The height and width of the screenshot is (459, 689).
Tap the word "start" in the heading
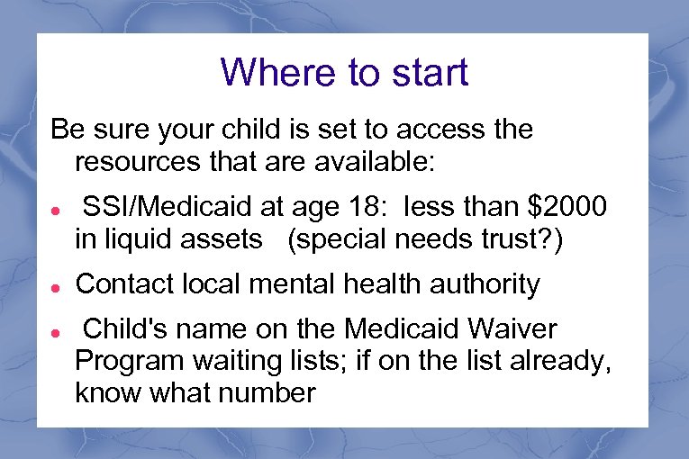coord(427,72)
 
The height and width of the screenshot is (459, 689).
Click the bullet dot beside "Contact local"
coord(56,287)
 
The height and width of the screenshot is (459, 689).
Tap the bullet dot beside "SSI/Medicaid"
coord(56,210)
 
